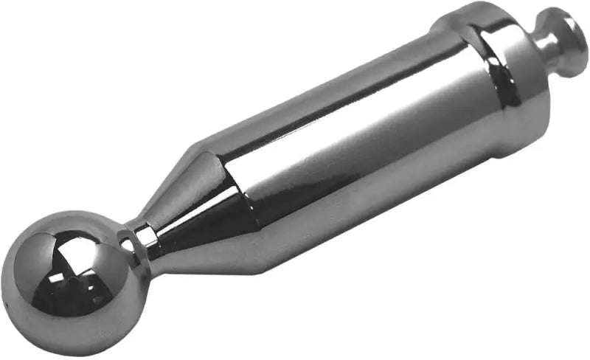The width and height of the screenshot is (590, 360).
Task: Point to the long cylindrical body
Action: tap(347, 148)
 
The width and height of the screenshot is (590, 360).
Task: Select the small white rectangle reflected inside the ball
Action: tap(55, 279)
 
